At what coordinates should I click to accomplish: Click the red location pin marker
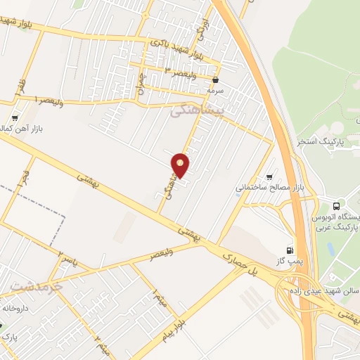181,165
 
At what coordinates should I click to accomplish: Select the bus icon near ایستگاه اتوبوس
337,207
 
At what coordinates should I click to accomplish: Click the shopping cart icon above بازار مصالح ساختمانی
269,176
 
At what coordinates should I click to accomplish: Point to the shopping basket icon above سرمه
214,80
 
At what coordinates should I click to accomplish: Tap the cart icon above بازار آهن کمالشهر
15,118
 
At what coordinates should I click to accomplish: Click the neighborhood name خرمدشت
37,287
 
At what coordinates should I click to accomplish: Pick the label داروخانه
18,307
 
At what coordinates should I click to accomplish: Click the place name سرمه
214,91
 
